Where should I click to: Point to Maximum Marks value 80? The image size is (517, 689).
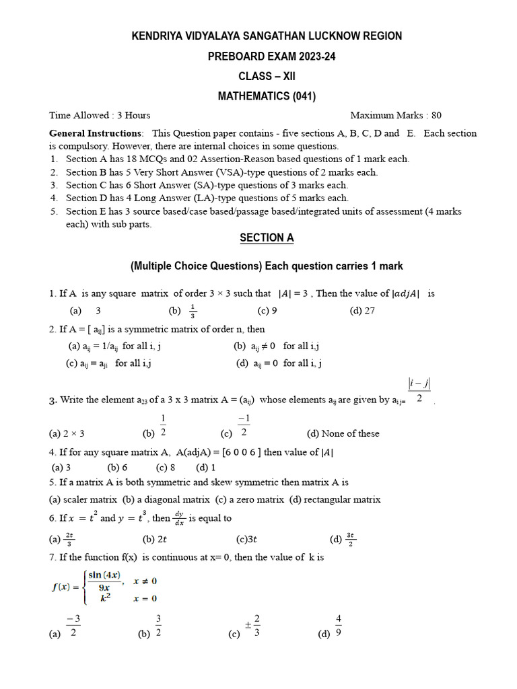pyautogui.click(x=436, y=115)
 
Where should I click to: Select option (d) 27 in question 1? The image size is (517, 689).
pyautogui.click(x=362, y=311)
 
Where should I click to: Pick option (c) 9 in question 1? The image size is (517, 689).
pyautogui.click(x=267, y=311)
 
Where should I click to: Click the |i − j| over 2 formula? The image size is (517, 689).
pyautogui.click(x=419, y=390)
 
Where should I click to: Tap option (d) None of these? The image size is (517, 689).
pyautogui.click(x=343, y=433)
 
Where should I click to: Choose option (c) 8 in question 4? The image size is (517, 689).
pyautogui.click(x=166, y=467)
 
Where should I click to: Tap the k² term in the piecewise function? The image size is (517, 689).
pyautogui.click(x=102, y=597)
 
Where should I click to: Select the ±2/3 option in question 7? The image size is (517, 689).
pyautogui.click(x=252, y=626)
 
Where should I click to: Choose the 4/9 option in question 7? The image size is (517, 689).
pyautogui.click(x=338, y=626)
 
